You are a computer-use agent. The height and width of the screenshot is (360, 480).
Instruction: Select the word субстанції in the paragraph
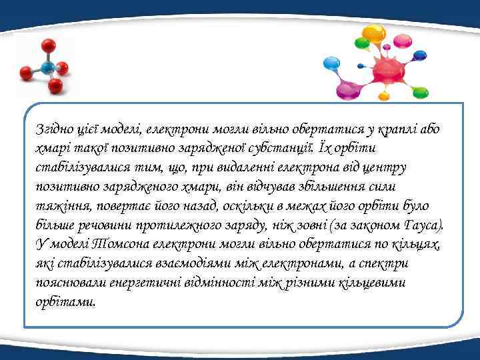[275, 146]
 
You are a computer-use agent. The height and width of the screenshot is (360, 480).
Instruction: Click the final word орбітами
[65, 301]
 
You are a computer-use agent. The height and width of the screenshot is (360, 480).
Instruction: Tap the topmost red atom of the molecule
[47, 45]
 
